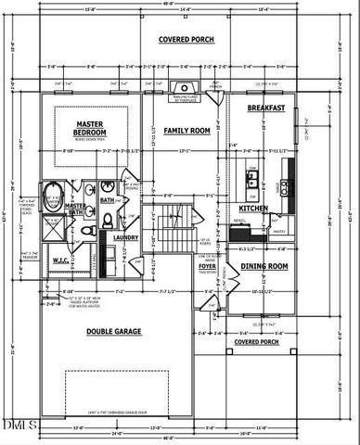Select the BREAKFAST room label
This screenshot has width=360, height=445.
(x=264, y=108)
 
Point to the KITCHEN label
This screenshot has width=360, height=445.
(x=253, y=209)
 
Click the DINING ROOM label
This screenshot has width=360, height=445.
(x=264, y=266)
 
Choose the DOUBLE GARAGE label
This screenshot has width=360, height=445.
(x=113, y=331)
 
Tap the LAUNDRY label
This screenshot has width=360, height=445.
(x=125, y=237)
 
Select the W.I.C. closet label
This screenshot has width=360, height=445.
(x=62, y=261)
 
